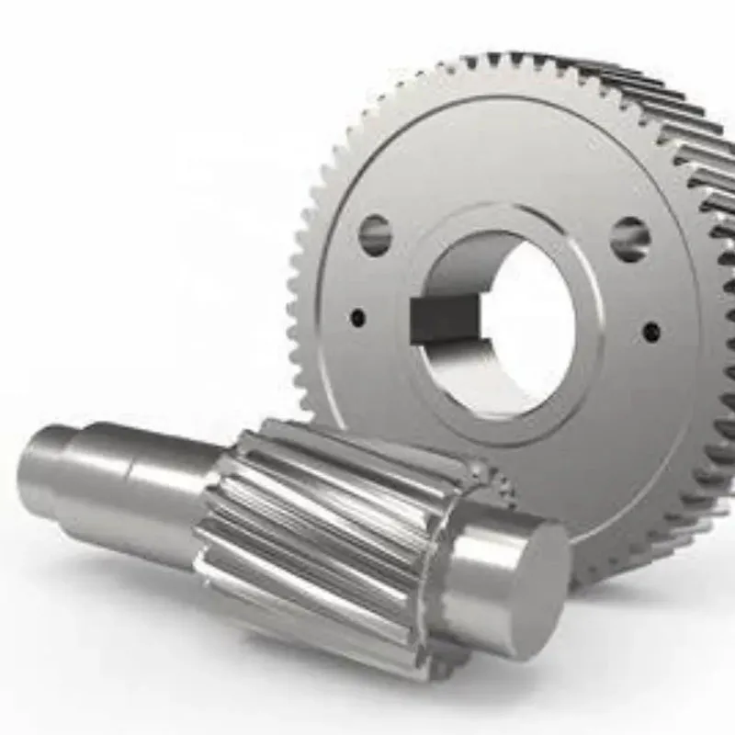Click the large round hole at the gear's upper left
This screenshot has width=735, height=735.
375,234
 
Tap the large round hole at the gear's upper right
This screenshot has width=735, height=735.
630,239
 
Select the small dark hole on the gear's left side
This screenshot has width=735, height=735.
357,318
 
